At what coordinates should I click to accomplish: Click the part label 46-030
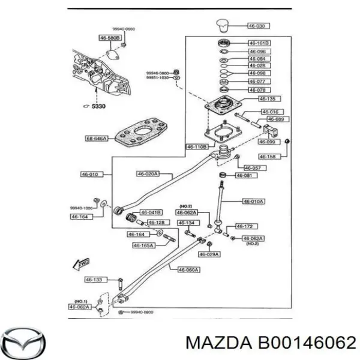(x=260, y=26)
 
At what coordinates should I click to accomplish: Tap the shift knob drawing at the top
(x=224, y=26)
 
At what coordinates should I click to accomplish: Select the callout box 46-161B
(x=259, y=43)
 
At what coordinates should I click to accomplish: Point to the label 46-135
(x=268, y=98)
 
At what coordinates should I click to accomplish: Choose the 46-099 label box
(x=268, y=142)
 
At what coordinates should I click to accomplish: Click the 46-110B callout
(x=197, y=146)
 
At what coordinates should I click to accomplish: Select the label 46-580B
(x=110, y=38)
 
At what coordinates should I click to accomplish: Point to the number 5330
(x=98, y=106)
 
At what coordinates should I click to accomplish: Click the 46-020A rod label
(x=146, y=174)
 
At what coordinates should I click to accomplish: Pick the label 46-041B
(x=151, y=212)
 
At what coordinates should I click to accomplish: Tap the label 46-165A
(x=143, y=245)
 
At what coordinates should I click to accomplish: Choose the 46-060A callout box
(x=190, y=269)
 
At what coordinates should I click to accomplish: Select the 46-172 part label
(x=245, y=226)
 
